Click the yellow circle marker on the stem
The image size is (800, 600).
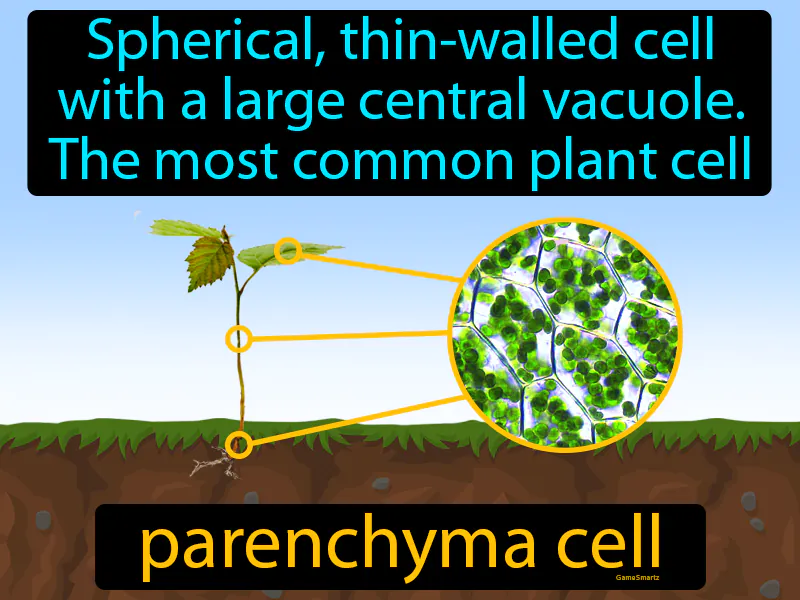click(238, 339)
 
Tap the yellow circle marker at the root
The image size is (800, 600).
click(238, 444)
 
